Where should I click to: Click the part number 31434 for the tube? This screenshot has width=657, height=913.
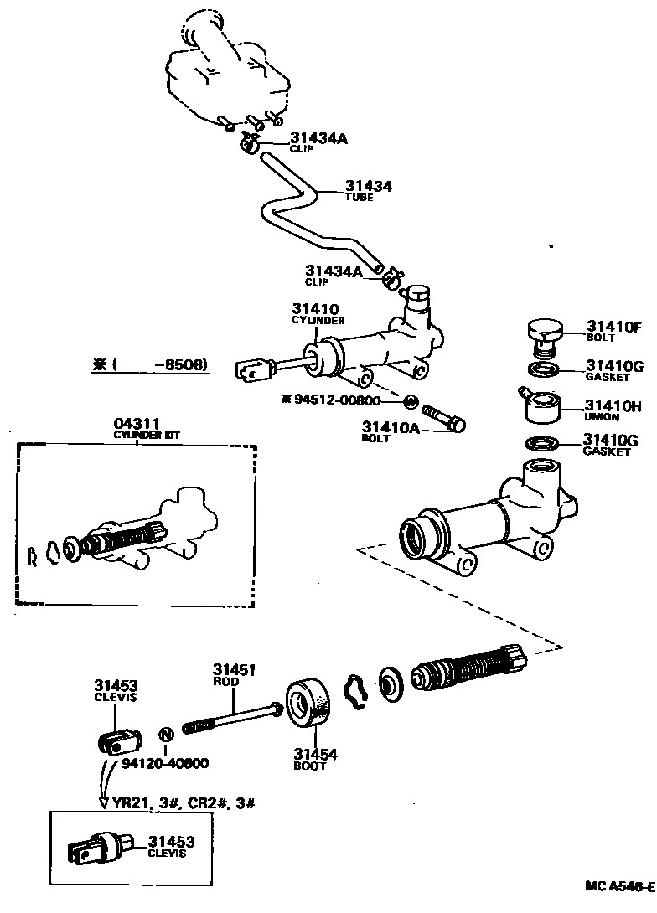tap(369, 186)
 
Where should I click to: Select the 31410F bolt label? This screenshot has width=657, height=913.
tap(613, 327)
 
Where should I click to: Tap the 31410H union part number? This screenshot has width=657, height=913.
tap(613, 406)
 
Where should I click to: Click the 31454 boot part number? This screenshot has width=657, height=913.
tap(315, 754)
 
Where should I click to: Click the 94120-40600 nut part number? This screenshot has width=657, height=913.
tap(165, 763)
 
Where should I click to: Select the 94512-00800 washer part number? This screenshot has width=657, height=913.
tap(344, 400)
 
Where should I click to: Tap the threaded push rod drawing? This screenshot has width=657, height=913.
tap(231, 719)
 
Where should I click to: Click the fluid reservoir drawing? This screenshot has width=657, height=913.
tap(226, 71)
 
